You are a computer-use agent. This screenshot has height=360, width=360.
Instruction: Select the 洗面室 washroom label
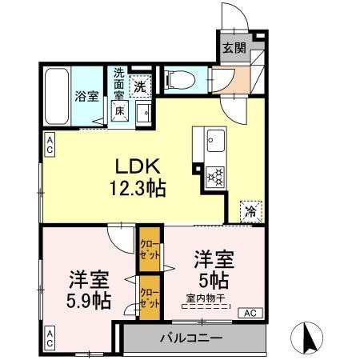click(118, 83)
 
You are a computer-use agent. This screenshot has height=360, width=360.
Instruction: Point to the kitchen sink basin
click(214, 145)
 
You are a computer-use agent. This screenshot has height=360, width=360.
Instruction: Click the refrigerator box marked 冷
click(250, 211)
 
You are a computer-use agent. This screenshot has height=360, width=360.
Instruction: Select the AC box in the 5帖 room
click(248, 313)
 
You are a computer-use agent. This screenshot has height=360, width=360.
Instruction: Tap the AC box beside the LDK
click(50, 146)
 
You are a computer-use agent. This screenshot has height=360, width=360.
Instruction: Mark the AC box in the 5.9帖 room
click(50, 338)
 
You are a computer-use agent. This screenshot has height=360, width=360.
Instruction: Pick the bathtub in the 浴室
click(57, 94)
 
